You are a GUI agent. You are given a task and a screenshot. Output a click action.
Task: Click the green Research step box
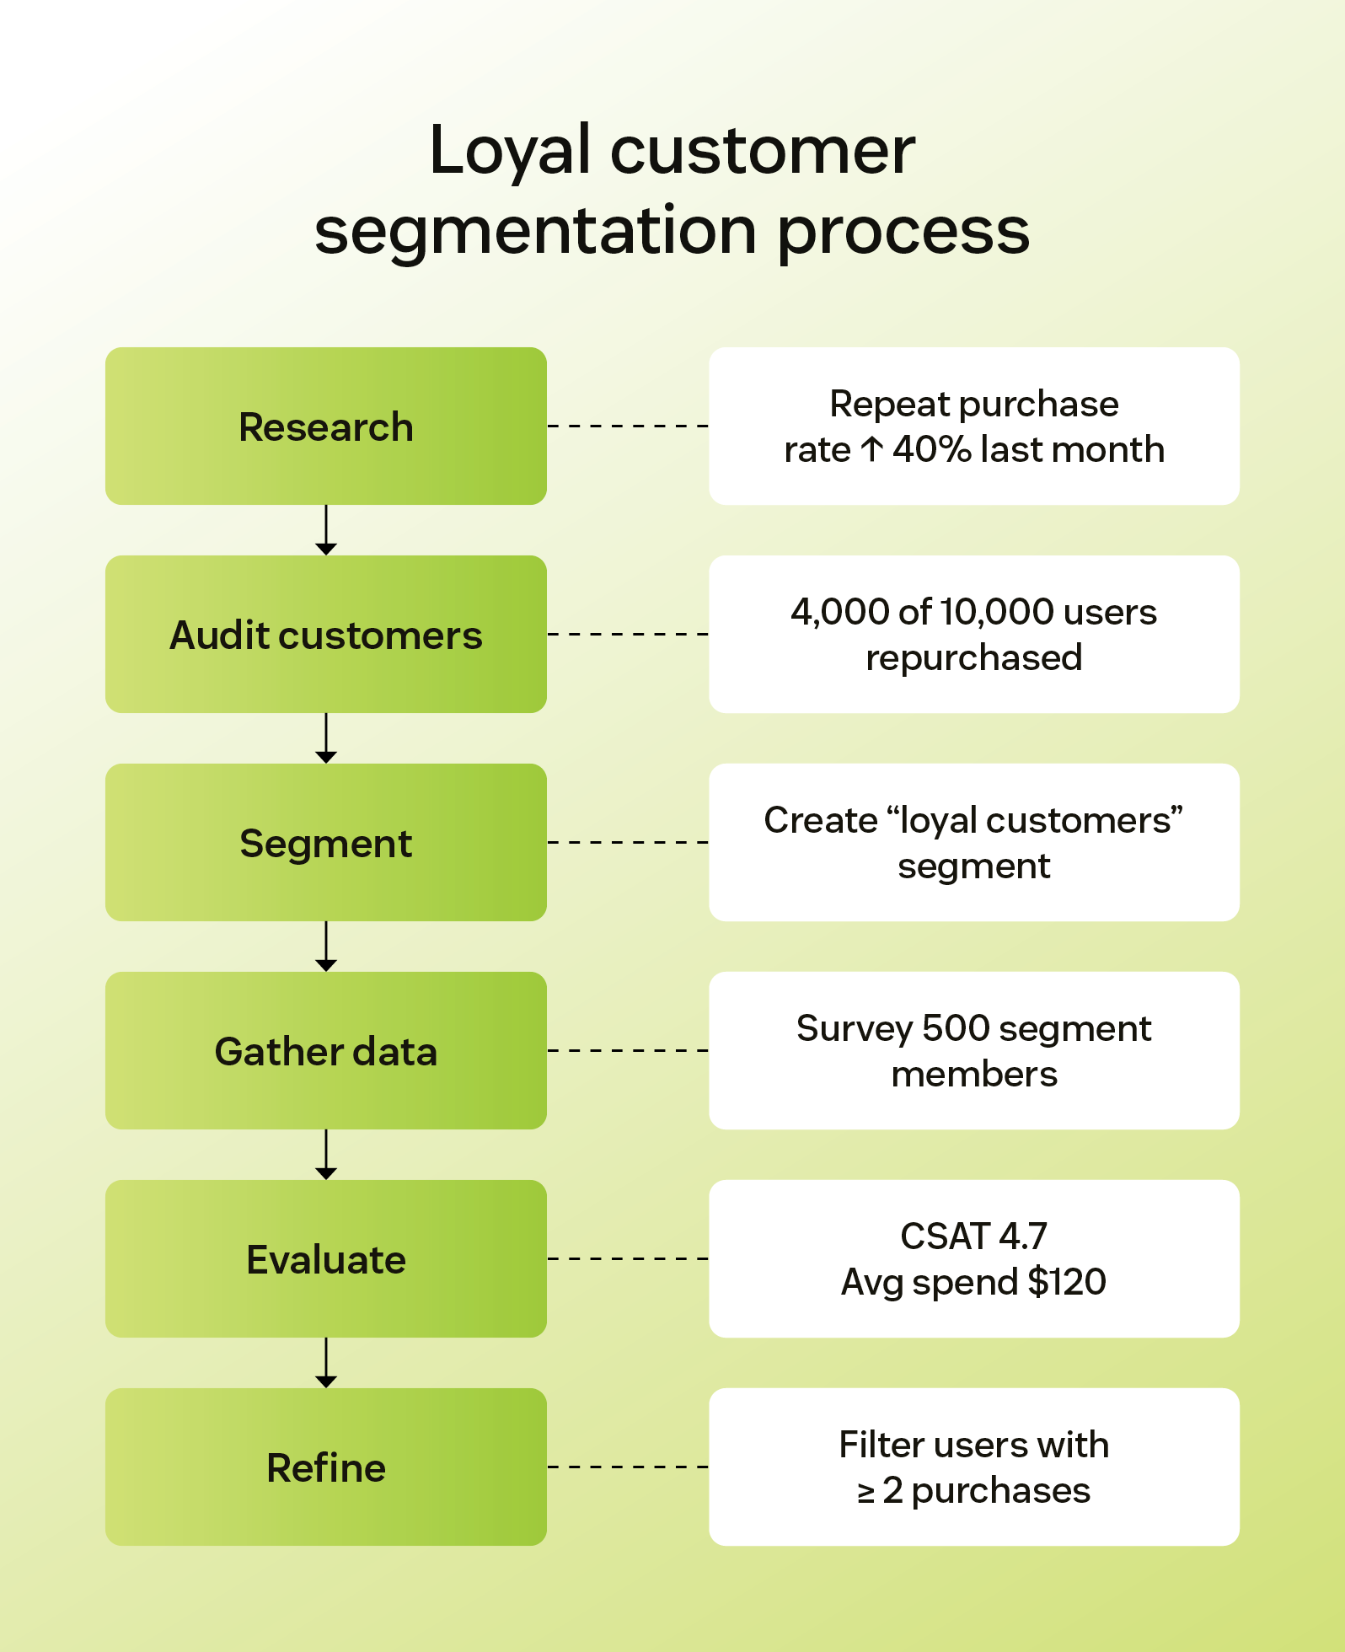pyautogui.click(x=325, y=426)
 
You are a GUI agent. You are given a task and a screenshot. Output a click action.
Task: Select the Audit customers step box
pyautogui.click(x=325, y=635)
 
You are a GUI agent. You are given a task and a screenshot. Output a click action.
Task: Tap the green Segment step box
pyautogui.click(x=325, y=843)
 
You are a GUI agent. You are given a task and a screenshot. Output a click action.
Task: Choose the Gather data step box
pyautogui.click(x=325, y=1051)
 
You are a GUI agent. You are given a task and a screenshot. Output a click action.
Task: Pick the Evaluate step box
pyautogui.click(x=325, y=1259)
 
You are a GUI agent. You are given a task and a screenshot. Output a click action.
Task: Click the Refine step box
pyautogui.click(x=325, y=1467)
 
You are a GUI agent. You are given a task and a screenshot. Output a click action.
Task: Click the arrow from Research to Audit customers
pyautogui.click(x=326, y=530)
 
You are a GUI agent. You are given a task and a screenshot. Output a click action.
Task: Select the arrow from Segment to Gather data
pyautogui.click(x=326, y=947)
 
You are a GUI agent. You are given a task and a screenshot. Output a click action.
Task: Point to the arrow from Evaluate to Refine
pyautogui.click(x=326, y=1363)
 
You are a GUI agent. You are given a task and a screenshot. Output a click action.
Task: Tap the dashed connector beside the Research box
pyautogui.click(x=628, y=426)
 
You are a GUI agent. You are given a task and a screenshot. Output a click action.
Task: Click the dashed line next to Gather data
pyautogui.click(x=628, y=1051)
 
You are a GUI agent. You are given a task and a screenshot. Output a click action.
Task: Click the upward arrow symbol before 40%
pyautogui.click(x=872, y=450)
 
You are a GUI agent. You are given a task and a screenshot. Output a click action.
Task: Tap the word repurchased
pyautogui.click(x=974, y=658)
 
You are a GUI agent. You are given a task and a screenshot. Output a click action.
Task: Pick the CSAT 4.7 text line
pyautogui.click(x=974, y=1236)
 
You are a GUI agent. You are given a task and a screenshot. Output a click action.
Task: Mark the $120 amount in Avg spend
pyautogui.click(x=1067, y=1283)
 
